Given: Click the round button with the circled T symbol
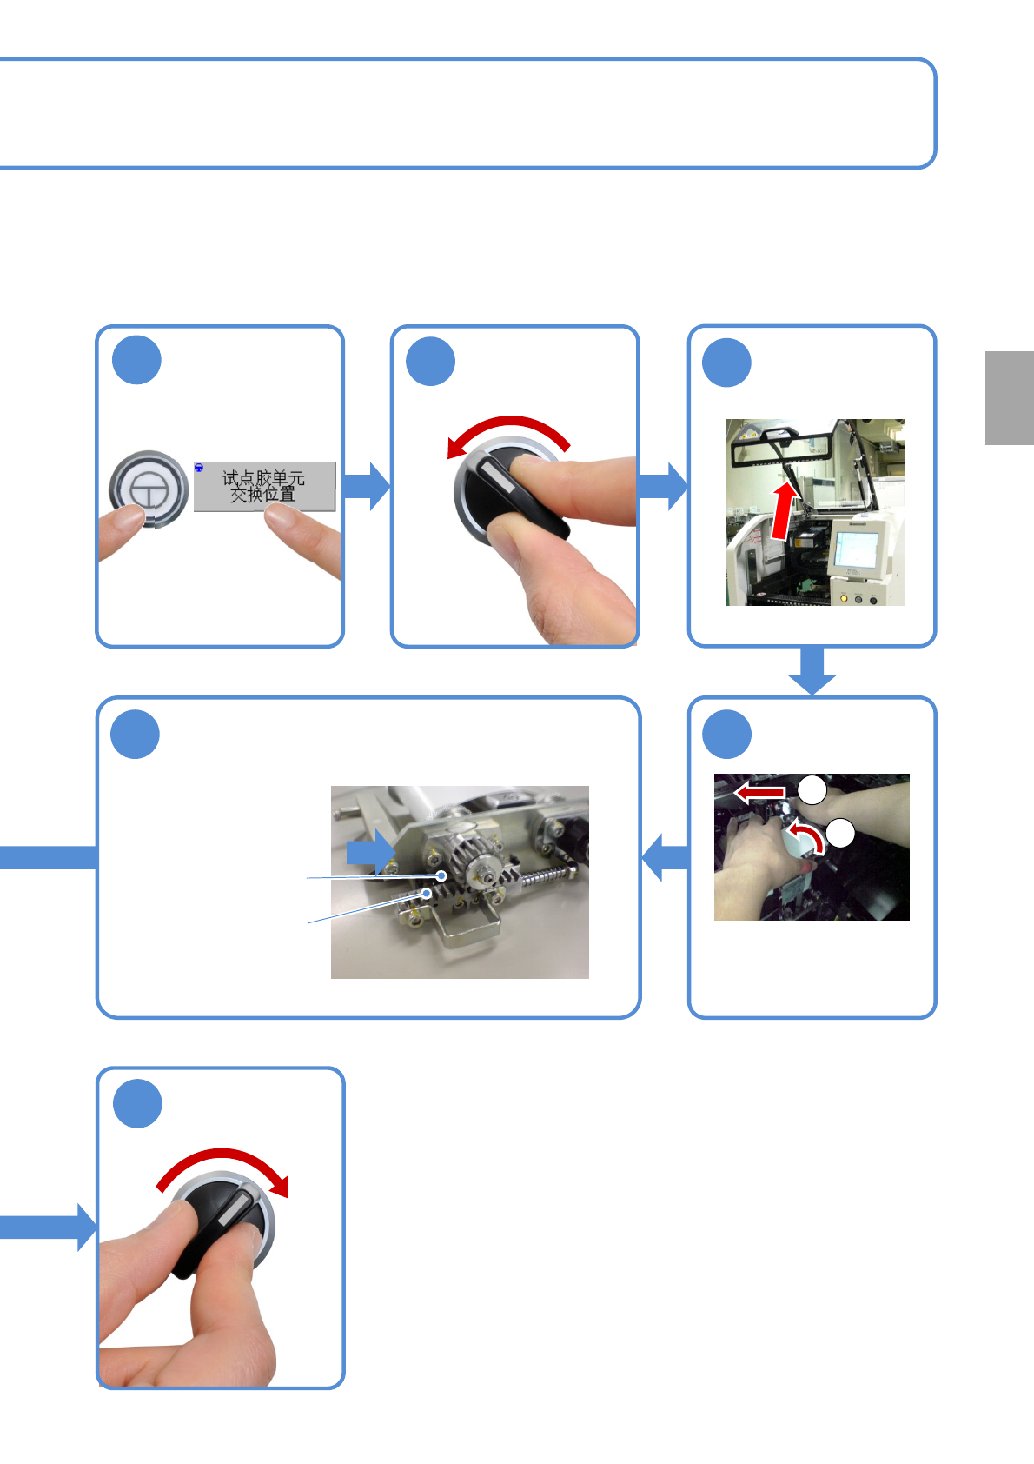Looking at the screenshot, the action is click(x=149, y=489).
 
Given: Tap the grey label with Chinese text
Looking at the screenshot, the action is click(x=264, y=487).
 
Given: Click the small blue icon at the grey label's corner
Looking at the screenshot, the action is click(x=199, y=468).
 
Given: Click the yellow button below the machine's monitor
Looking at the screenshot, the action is click(x=844, y=597).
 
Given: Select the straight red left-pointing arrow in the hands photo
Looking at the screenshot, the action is click(x=759, y=793).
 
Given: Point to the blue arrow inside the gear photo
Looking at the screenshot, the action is click(x=370, y=852).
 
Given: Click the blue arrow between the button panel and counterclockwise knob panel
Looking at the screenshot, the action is click(x=367, y=486).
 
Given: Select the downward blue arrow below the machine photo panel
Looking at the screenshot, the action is click(x=812, y=670).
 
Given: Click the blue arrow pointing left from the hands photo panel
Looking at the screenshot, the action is click(x=665, y=857).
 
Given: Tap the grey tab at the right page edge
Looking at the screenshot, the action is click(x=1009, y=398).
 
